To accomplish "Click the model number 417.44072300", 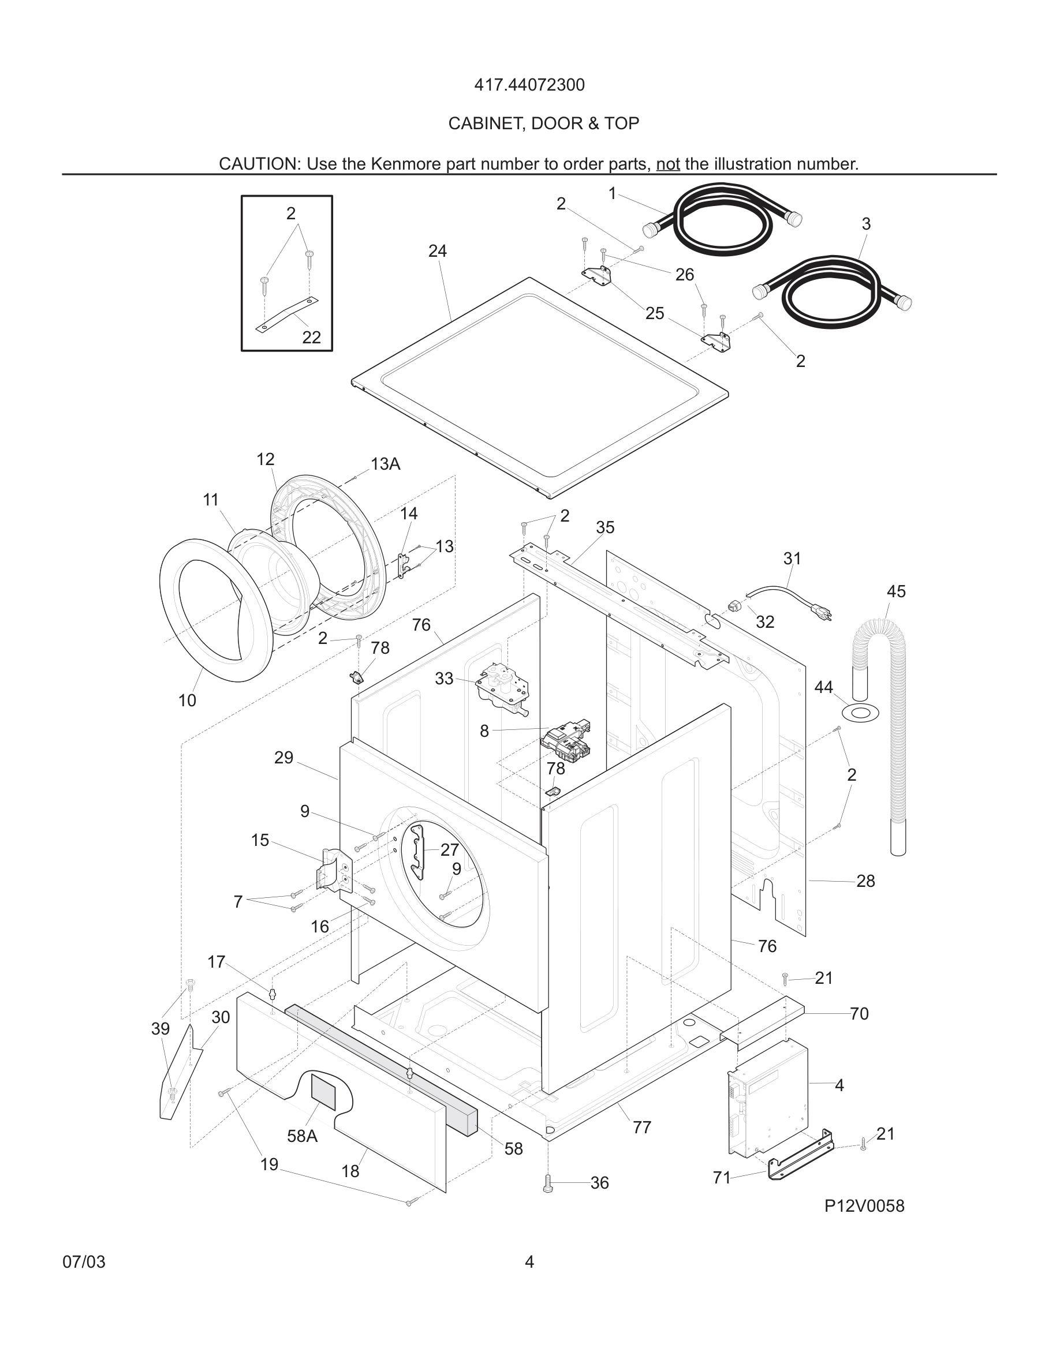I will coord(529,85).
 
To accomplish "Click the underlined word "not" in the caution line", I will coord(667,164).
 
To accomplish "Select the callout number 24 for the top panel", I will coord(437,251).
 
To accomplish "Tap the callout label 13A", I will coord(385,464).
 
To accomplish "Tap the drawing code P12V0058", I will coord(864,1206).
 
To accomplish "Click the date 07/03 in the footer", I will coord(84,1263).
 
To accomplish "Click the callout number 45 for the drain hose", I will coord(895,591).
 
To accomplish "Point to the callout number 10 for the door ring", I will coord(187,701).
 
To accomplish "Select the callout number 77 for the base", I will coord(641,1125).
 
